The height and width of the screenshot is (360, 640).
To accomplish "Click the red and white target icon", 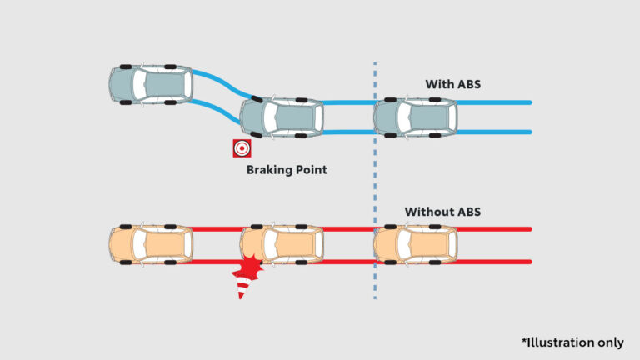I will coord(242,148).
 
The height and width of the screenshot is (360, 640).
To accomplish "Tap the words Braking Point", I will coord(287,170).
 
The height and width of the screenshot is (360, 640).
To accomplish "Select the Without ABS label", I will coord(442,212).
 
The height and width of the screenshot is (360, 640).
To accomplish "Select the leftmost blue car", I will coord(151,83).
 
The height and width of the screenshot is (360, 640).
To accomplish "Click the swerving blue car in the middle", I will coord(282,117).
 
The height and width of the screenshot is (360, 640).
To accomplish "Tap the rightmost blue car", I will coord(416,117).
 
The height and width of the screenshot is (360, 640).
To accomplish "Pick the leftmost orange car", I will coord(151,245).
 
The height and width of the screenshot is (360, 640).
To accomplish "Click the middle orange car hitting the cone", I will coord(282,245).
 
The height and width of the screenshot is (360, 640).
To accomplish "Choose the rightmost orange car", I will coord(416,245).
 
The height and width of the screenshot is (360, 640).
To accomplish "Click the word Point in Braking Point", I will coord(311,170).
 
